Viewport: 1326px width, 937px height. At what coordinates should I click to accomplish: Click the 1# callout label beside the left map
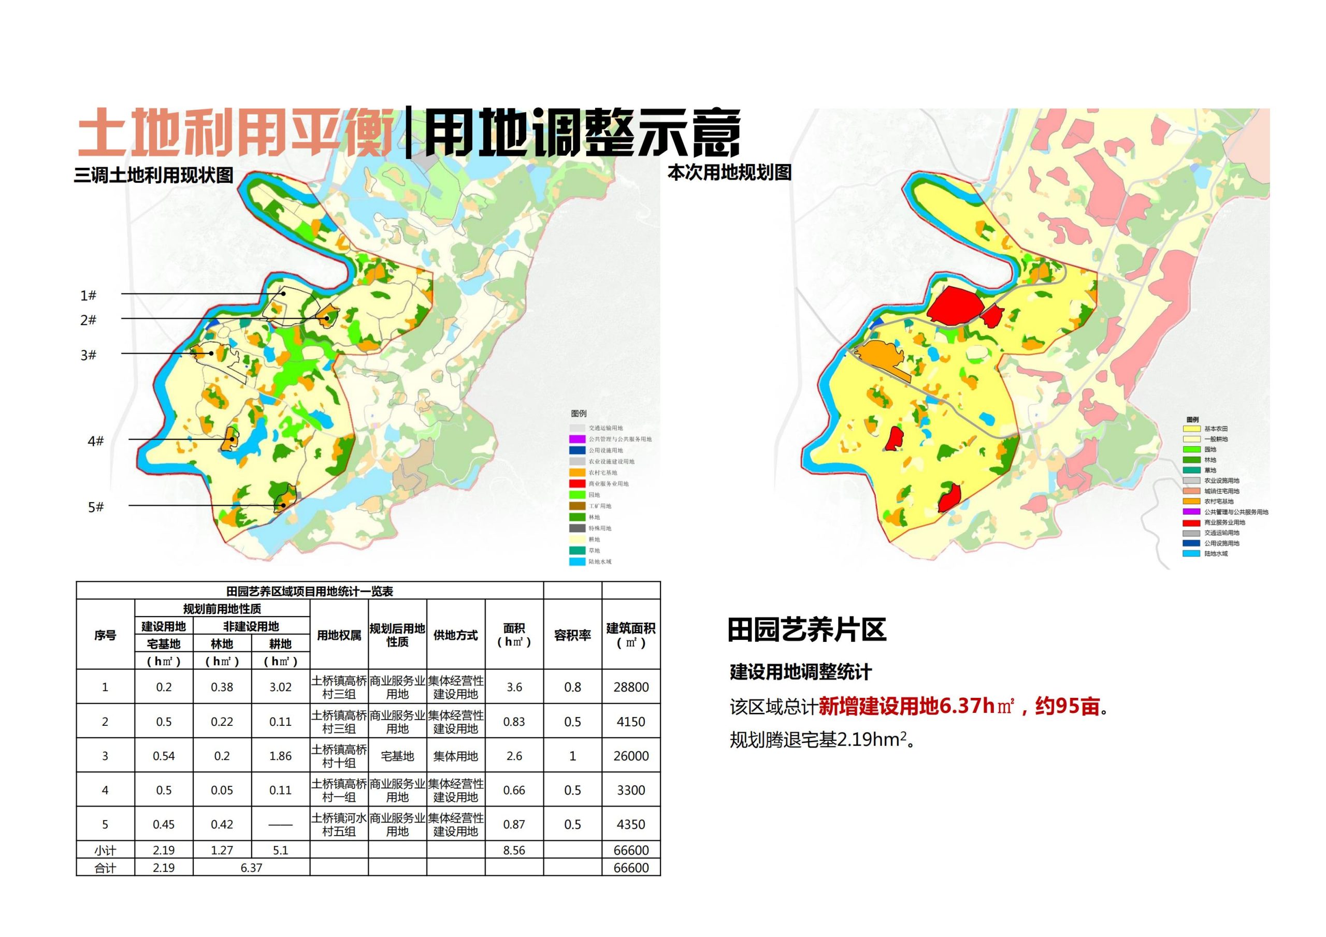tap(88, 296)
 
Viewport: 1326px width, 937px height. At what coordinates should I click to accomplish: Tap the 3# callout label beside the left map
tap(88, 355)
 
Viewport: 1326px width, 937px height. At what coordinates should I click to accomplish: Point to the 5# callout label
tap(95, 507)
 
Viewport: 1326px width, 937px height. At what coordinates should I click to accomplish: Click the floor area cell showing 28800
tap(631, 687)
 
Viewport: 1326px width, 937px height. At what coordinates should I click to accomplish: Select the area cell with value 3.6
tap(514, 687)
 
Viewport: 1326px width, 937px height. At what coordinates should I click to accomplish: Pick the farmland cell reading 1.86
tap(280, 756)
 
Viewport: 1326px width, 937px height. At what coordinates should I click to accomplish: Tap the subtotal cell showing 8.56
tap(514, 850)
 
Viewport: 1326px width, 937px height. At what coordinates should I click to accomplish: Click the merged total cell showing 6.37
tap(251, 867)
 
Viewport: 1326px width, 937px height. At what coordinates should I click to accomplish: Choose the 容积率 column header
tap(572, 635)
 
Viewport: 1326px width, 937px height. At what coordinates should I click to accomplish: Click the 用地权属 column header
tap(339, 635)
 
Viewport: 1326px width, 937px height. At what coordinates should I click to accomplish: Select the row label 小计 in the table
tap(105, 850)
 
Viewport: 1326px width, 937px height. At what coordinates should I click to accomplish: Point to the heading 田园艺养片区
tap(806, 630)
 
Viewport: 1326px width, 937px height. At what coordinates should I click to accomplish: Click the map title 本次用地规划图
tap(729, 172)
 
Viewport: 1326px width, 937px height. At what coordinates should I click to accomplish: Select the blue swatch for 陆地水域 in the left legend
tap(577, 562)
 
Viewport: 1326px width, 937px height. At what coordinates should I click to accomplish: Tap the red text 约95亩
tap(1066, 706)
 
